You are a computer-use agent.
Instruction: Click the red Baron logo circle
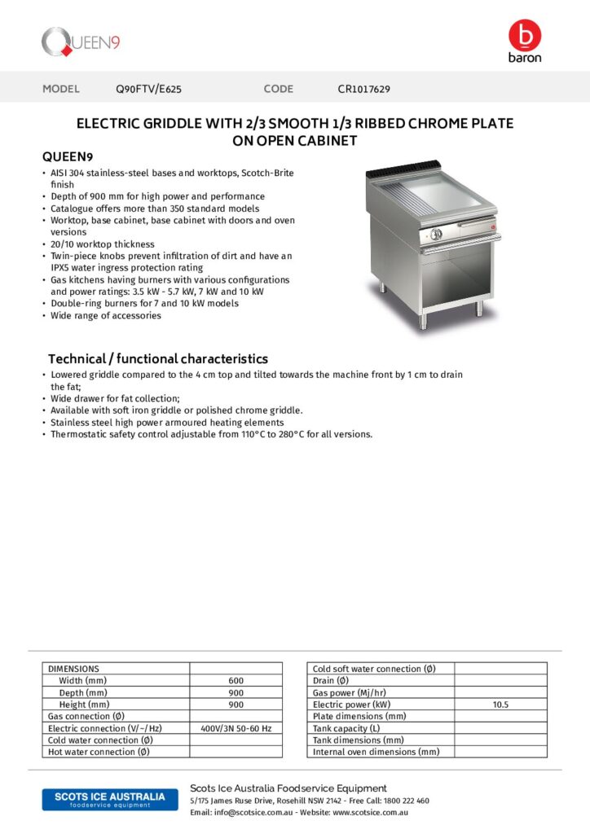click(524, 35)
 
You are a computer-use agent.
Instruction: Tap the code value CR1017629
click(369, 89)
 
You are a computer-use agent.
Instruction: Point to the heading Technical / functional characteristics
click(157, 358)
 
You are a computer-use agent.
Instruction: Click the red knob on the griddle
click(492, 229)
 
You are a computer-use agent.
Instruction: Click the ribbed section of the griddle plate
click(395, 196)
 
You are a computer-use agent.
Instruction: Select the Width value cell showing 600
click(236, 680)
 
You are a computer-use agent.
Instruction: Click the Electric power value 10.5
click(500, 705)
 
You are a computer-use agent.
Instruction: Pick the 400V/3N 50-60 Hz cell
click(236, 728)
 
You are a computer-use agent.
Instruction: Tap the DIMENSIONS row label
click(73, 669)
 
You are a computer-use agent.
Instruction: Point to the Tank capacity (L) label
click(346, 728)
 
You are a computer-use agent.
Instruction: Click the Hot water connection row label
click(99, 752)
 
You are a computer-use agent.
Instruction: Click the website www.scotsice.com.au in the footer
click(370, 812)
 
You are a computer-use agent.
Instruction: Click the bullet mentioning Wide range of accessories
click(105, 315)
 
